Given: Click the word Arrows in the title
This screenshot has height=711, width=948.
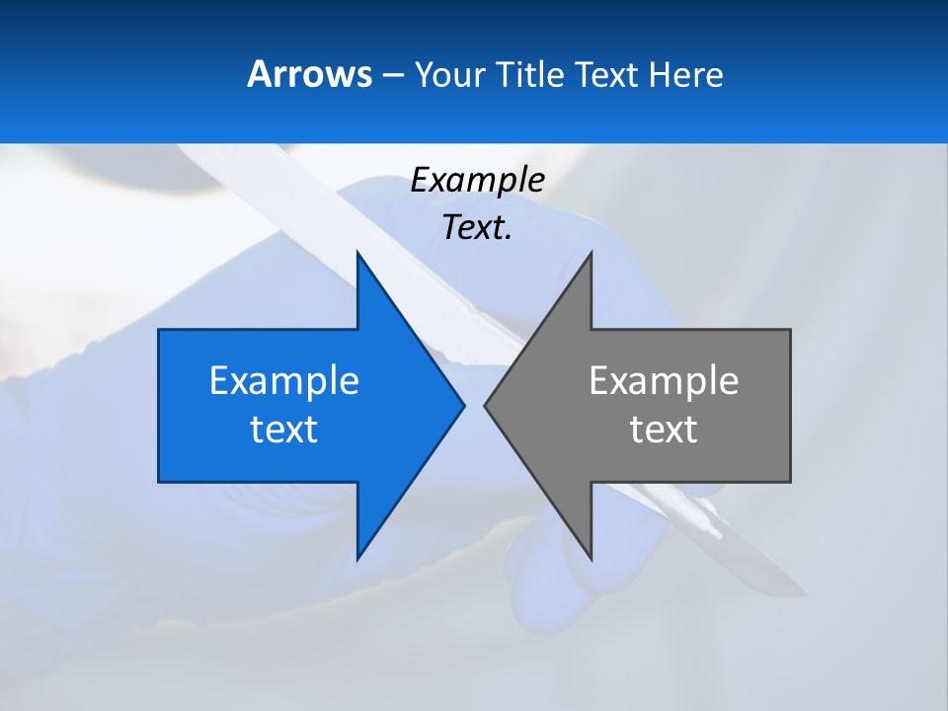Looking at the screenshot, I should point(308,74).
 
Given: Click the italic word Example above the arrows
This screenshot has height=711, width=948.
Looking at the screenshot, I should point(477,181).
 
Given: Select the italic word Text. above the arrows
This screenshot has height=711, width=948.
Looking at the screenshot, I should point(477,228).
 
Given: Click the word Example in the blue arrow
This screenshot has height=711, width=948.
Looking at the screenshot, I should point(284,381).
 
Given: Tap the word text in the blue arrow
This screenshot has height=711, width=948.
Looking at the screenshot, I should point(284,430).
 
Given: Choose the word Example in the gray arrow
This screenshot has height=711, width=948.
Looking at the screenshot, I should point(664,381).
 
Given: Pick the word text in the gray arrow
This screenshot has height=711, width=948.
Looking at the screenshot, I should point(664,430).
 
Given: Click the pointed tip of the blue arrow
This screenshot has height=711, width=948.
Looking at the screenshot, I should point(462,404).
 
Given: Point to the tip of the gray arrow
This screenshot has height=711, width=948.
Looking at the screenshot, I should point(487,404).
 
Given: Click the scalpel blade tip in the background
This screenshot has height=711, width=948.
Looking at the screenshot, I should point(806,594).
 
